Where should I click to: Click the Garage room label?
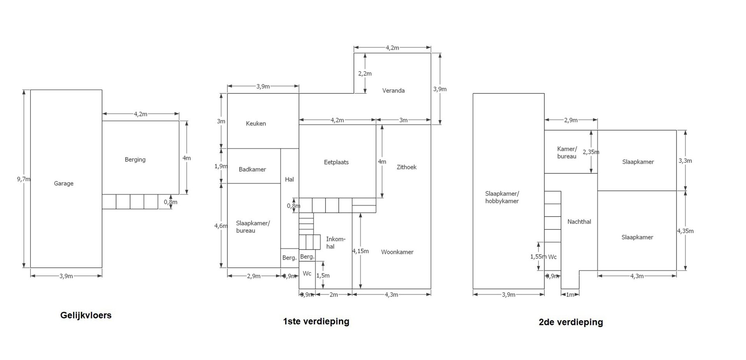(x=64, y=183)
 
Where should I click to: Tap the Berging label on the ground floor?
(x=135, y=159)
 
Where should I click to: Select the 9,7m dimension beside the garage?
(x=23, y=179)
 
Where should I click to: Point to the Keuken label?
(x=256, y=124)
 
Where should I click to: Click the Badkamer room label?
(x=253, y=170)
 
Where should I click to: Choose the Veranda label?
(x=394, y=91)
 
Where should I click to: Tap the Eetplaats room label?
(x=336, y=162)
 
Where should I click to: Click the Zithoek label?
(x=406, y=167)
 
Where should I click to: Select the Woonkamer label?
(x=397, y=252)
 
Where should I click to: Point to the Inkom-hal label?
(x=335, y=243)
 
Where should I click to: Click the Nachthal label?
(x=579, y=222)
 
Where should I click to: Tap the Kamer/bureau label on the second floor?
(x=567, y=152)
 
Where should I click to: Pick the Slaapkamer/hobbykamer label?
(x=502, y=197)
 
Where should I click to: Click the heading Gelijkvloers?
(x=86, y=315)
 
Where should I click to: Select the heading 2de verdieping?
(x=571, y=322)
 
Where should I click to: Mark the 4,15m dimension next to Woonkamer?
(x=360, y=251)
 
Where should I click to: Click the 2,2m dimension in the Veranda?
(x=365, y=73)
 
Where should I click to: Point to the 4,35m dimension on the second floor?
(x=685, y=231)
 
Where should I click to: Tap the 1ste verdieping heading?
(x=316, y=321)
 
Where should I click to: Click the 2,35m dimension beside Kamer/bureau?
(x=591, y=152)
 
